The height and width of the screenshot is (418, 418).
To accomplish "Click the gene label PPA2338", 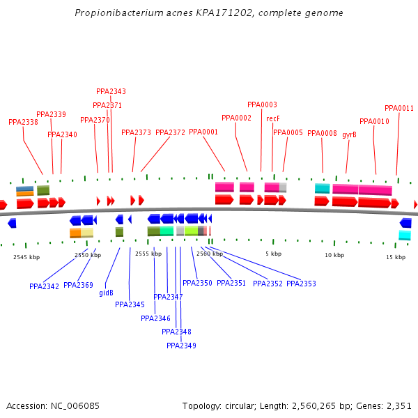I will [x=23, y=122].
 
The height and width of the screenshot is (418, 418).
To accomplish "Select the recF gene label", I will [x=273, y=118].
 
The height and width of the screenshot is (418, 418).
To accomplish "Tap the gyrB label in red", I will [x=349, y=134].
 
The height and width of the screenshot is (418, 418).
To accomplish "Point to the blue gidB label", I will [x=106, y=293].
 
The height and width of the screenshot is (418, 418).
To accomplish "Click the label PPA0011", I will [x=399, y=108].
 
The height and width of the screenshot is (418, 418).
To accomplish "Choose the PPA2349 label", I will [x=181, y=346].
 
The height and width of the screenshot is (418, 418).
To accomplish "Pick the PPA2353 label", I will [x=301, y=284].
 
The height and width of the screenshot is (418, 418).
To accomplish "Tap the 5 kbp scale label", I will [x=273, y=254].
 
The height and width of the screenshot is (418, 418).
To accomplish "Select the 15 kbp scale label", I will [x=396, y=257].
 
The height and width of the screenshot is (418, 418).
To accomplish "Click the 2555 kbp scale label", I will [x=148, y=254].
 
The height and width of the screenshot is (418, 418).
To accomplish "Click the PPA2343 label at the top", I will [x=111, y=91].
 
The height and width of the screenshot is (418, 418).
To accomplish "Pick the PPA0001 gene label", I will [x=203, y=132].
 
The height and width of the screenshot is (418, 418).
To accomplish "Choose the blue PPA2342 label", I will [x=44, y=286].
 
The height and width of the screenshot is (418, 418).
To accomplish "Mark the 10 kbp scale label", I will [x=334, y=256].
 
